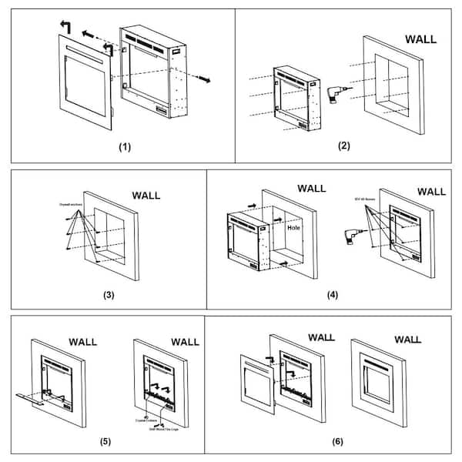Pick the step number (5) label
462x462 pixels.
[x=105, y=441]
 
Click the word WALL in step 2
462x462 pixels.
[x=420, y=38]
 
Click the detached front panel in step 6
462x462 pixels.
[x=257, y=382]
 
